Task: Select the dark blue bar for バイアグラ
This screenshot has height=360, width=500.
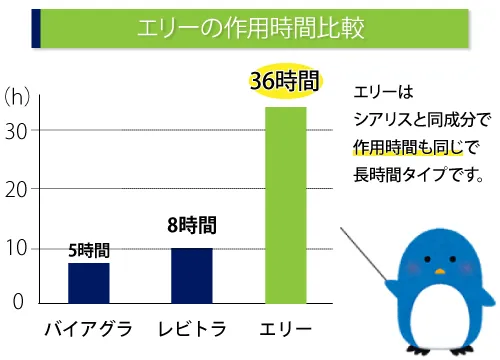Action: (88, 283)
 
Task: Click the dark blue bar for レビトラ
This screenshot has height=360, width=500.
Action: (191, 275)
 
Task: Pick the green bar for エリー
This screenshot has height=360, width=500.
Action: (285, 205)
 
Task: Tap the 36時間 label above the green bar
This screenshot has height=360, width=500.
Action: (284, 83)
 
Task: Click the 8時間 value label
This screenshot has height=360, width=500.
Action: (191, 226)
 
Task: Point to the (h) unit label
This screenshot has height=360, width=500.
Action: (20, 97)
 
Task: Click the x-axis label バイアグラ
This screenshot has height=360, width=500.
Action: (88, 329)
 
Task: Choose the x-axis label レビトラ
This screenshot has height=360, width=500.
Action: (192, 329)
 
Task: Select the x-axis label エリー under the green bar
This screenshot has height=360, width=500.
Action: (285, 329)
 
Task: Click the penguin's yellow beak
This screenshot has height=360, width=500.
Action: (439, 271)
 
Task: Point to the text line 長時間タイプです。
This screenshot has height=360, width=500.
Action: (419, 175)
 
